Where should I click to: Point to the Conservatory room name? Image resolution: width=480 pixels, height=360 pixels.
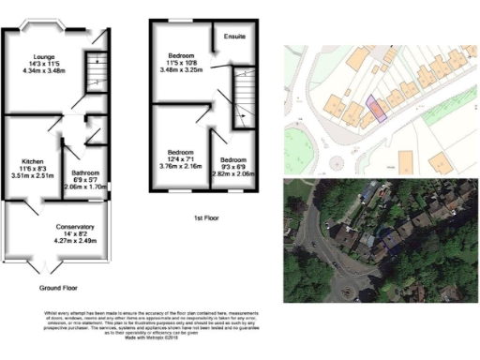(x=51, y=227)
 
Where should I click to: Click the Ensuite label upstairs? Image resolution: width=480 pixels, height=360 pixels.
(x=235, y=37)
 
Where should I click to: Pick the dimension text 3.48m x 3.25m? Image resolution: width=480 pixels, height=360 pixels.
(x=182, y=70)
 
